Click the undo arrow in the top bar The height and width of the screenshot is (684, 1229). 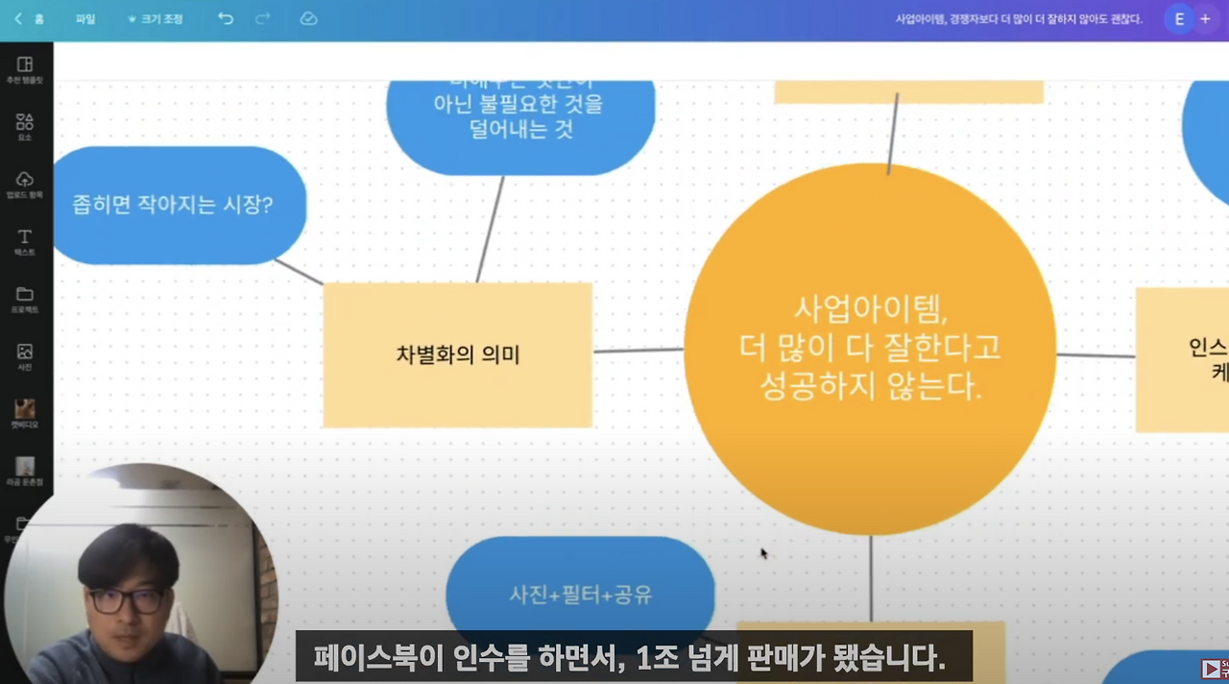click(226, 19)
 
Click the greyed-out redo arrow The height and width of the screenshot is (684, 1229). click(262, 19)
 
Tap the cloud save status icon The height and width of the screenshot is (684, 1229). click(308, 19)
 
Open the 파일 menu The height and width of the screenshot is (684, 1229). click(85, 19)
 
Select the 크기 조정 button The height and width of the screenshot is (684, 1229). click(157, 19)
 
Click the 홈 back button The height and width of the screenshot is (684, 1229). click(29, 19)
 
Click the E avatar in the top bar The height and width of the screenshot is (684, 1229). click(1179, 19)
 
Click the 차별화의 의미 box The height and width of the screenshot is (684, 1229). click(457, 354)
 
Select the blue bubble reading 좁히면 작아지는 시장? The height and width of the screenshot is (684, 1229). click(173, 205)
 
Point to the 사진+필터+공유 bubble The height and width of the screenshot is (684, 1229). click(580, 595)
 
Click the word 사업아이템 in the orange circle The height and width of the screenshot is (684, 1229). click(870, 309)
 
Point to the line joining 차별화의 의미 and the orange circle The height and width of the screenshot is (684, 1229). click(639, 351)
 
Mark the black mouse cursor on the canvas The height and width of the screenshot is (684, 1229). click(764, 553)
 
